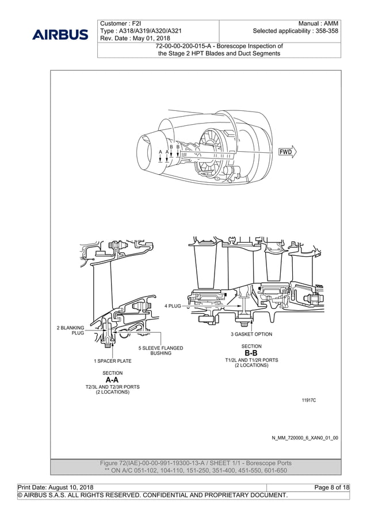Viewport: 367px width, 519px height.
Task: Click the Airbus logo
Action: [x=60, y=34]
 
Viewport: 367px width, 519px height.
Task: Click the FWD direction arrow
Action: [x=286, y=152]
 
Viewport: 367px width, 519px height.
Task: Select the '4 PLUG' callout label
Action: [x=173, y=306]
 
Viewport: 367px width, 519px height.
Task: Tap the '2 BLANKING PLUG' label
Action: [x=70, y=330]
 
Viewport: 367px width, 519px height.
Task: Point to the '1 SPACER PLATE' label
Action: [x=113, y=361]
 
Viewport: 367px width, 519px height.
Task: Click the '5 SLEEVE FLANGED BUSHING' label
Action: [x=160, y=351]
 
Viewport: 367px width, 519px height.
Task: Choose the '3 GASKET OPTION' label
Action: [x=251, y=334]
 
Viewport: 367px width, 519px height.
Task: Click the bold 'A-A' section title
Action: [x=113, y=380]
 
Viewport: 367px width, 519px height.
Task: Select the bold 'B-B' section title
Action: [x=251, y=353]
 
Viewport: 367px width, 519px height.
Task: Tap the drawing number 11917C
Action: [x=309, y=399]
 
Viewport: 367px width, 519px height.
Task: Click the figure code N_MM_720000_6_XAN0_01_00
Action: [x=304, y=437]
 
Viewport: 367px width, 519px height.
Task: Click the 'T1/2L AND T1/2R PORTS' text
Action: [x=251, y=360]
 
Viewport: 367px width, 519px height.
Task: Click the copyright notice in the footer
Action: [x=153, y=495]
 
